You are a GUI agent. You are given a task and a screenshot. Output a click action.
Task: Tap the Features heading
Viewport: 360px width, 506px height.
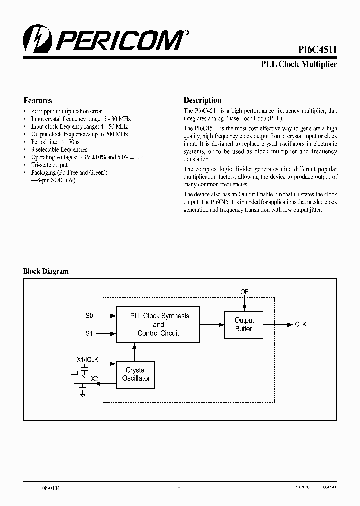[x=38, y=100]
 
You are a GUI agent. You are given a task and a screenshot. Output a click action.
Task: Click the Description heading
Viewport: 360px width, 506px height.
[x=202, y=100]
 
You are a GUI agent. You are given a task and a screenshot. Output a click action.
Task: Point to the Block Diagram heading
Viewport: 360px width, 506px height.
[x=46, y=271]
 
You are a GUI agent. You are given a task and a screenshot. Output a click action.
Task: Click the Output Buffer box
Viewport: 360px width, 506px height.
[x=244, y=324]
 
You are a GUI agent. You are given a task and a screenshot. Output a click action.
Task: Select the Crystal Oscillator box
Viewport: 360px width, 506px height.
[x=136, y=374]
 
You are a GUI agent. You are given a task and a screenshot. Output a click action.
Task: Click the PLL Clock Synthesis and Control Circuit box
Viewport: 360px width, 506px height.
[x=158, y=324]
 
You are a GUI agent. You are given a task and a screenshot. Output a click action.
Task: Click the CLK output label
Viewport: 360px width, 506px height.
[x=301, y=324]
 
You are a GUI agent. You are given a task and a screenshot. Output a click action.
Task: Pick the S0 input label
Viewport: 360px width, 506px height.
[x=89, y=316]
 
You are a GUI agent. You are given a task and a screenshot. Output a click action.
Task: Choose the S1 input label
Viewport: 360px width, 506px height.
[x=89, y=333]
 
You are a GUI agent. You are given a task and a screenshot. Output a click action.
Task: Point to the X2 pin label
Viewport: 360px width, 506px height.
[x=94, y=379]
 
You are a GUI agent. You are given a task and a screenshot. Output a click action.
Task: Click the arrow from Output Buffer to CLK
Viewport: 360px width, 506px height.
[x=278, y=324]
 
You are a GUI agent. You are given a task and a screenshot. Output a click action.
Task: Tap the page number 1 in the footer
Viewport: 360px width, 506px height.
[x=178, y=485]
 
